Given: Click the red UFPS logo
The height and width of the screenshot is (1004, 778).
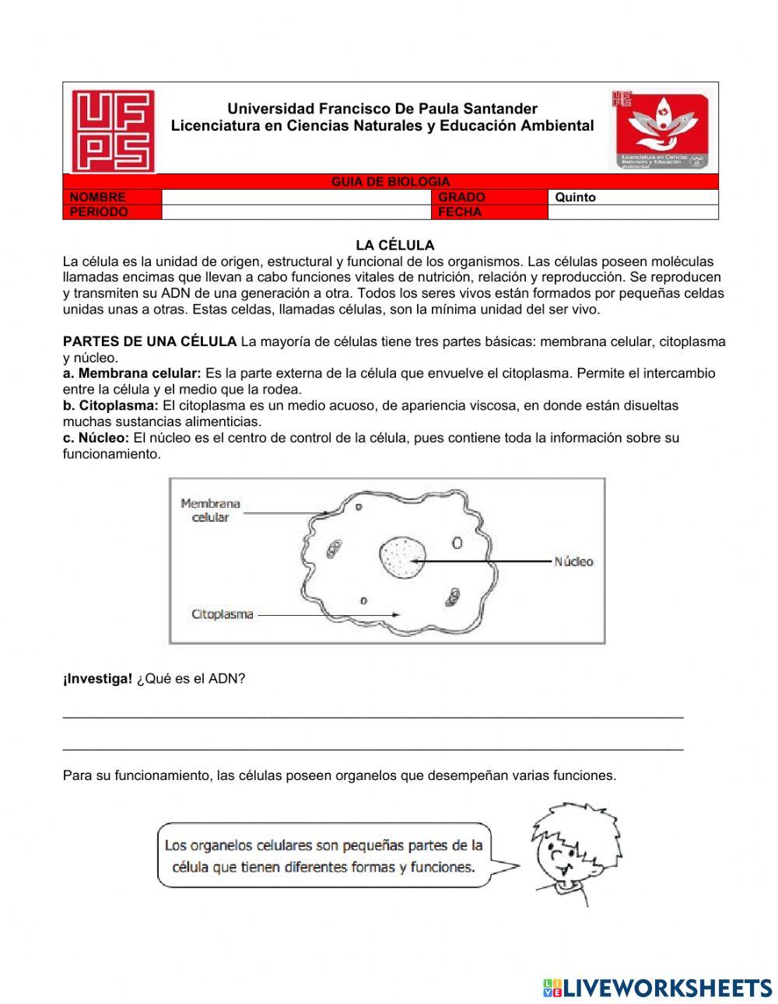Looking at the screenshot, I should [x=113, y=130].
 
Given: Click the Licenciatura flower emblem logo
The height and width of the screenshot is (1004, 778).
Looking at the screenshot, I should [x=661, y=129].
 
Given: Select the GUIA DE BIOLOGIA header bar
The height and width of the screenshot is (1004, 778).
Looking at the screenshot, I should [x=391, y=182].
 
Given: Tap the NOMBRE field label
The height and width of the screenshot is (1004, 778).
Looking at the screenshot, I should [x=97, y=198].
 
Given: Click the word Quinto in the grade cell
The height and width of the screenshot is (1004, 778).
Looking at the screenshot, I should [x=575, y=198].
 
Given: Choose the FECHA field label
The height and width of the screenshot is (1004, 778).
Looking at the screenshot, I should [x=460, y=212].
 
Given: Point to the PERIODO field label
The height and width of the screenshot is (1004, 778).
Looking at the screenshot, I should [x=99, y=212].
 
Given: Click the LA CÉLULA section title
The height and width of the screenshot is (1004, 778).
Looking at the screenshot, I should [x=395, y=246].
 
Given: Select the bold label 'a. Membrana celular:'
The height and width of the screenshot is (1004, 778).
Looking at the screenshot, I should [x=132, y=373].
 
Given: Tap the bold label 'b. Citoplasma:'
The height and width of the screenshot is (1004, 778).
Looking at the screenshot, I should [x=111, y=405].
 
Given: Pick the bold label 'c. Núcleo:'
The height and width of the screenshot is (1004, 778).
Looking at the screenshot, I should [x=96, y=438].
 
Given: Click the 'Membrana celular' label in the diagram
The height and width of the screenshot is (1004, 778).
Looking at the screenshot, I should [x=210, y=510].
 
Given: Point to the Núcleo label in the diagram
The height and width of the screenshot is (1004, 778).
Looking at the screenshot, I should [x=573, y=561].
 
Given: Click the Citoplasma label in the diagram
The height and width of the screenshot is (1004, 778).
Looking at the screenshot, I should [x=223, y=614].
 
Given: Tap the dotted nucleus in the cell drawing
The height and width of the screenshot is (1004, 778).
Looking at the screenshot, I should [x=402, y=558].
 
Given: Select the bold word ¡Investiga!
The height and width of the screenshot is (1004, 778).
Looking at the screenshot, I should [x=98, y=679].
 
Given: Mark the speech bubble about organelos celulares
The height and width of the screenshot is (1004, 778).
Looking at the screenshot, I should [x=324, y=855].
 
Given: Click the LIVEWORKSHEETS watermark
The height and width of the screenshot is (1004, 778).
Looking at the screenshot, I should [x=657, y=988].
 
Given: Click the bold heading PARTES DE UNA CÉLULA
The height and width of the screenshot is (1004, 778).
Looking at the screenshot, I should [x=150, y=341].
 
